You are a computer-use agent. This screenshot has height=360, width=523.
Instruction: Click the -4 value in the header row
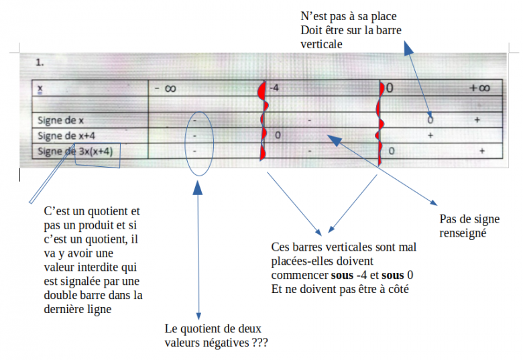click(x=274, y=88)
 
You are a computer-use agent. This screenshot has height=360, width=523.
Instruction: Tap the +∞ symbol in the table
click(x=479, y=88)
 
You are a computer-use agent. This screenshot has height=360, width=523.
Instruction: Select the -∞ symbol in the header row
click(x=164, y=88)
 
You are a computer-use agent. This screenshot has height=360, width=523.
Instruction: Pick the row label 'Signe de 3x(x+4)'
click(x=76, y=152)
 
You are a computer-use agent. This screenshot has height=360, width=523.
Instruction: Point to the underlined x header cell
click(x=40, y=88)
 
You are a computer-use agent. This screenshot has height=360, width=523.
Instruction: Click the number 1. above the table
click(x=40, y=63)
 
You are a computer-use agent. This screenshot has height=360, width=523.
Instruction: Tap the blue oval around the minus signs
click(x=199, y=137)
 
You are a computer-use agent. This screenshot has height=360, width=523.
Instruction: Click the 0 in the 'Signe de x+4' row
click(x=277, y=135)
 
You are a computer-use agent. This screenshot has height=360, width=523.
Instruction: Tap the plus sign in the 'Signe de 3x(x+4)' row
click(x=481, y=152)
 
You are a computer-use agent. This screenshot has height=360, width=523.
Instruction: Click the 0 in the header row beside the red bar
click(x=389, y=88)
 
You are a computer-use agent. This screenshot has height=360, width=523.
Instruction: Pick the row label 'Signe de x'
click(x=60, y=120)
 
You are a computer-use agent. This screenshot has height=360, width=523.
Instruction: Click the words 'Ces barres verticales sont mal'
click(x=343, y=247)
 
